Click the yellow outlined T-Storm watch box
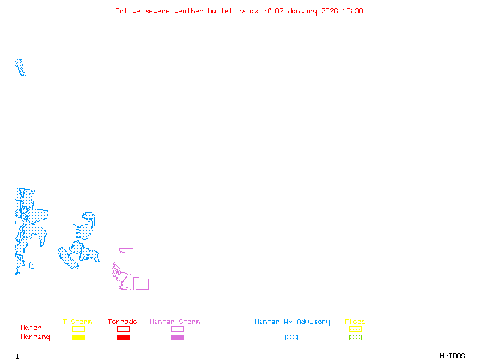[x=78, y=329]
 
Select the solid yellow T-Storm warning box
[x=78, y=337]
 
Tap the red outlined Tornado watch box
[x=123, y=329]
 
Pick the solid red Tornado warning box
[x=123, y=337]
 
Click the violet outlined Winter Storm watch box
[x=177, y=329]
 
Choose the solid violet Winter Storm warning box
[x=177, y=337]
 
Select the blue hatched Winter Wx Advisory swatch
[x=291, y=337]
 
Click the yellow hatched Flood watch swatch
[x=355, y=329]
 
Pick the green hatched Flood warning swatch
[x=355, y=337]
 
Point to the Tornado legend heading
[x=122, y=322]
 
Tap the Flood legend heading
[x=355, y=322]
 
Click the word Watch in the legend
[x=31, y=328]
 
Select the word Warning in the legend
[x=35, y=337]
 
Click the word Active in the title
[x=128, y=11]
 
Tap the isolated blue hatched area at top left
[x=20, y=67]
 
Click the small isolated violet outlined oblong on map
[x=126, y=251]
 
